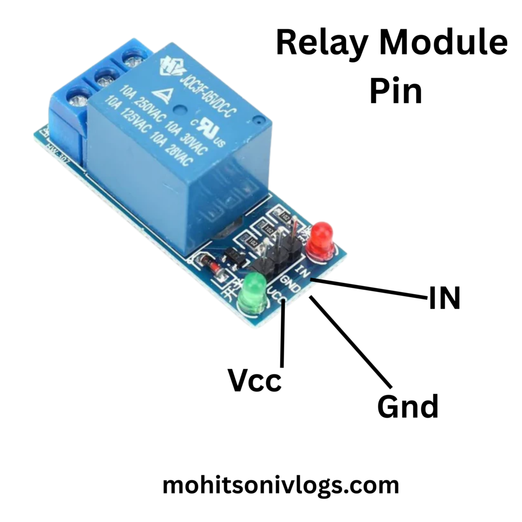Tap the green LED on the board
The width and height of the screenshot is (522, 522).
(253, 293)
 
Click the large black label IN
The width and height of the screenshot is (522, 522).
(445, 298)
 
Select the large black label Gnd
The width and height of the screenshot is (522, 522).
(408, 406)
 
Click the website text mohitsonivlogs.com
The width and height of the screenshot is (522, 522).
(280, 485)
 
